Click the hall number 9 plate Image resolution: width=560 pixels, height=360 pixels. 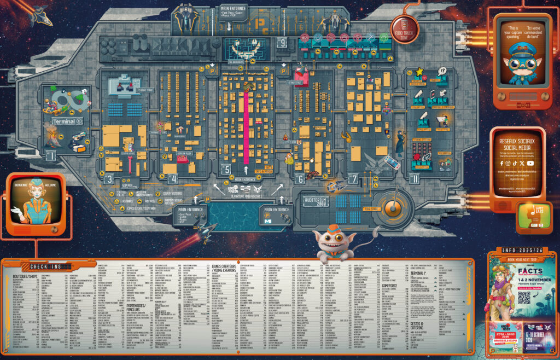click(282, 42)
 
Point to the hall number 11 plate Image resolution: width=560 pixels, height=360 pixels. click(415, 177)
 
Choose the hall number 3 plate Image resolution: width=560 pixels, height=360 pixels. click(109, 178)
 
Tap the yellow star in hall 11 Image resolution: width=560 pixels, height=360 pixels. click(419, 71)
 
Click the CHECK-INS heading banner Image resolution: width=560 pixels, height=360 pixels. click(50, 266)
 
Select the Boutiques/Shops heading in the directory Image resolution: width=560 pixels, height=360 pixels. click(24, 277)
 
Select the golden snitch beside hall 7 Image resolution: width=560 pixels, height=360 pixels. click(346, 135)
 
